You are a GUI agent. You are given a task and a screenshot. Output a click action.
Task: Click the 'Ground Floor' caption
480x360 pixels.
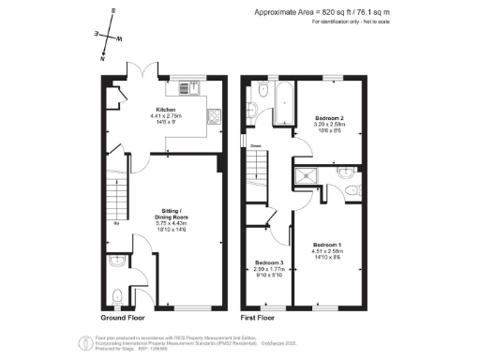[124, 319]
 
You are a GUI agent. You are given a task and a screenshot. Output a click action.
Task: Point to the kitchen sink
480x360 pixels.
[214, 117]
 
